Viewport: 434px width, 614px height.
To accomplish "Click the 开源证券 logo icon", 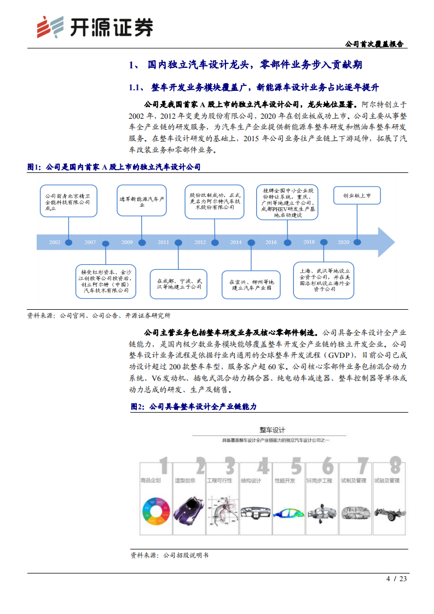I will (48, 26).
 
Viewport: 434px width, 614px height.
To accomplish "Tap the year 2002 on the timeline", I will (55, 242).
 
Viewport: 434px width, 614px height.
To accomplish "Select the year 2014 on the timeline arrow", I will (236, 242).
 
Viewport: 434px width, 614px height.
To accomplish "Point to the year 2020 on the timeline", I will (343, 242).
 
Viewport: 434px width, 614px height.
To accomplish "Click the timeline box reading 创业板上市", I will (357, 195).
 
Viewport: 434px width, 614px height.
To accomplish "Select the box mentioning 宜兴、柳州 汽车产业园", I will (251, 284).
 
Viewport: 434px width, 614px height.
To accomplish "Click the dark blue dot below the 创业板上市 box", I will (357, 241).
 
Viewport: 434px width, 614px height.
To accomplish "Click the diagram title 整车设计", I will (271, 430).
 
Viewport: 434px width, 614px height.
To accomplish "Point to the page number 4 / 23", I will (397, 579).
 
